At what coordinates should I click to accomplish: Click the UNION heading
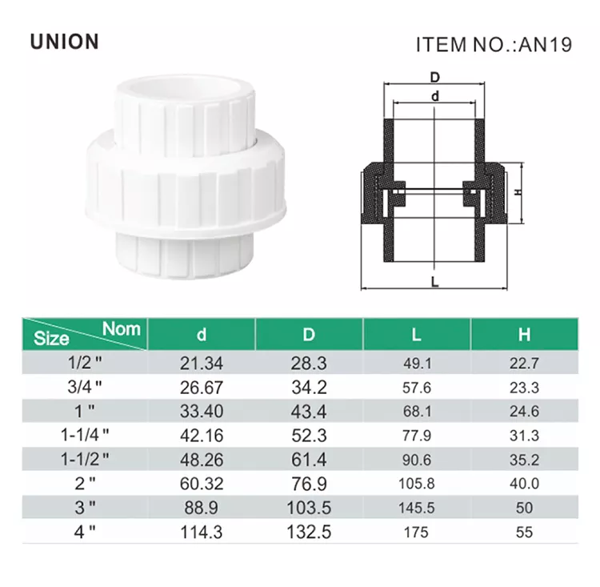(64, 42)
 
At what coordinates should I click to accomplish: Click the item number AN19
(545, 45)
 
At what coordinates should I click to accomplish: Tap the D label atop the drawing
(434, 78)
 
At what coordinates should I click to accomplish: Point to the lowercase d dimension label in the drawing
(434, 96)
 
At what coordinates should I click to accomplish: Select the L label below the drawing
(434, 283)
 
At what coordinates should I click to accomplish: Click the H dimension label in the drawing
(518, 191)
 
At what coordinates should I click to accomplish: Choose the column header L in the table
(416, 335)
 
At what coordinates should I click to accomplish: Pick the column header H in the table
(524, 335)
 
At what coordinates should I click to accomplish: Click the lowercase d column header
(202, 335)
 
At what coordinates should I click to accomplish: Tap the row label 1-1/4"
(85, 436)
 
